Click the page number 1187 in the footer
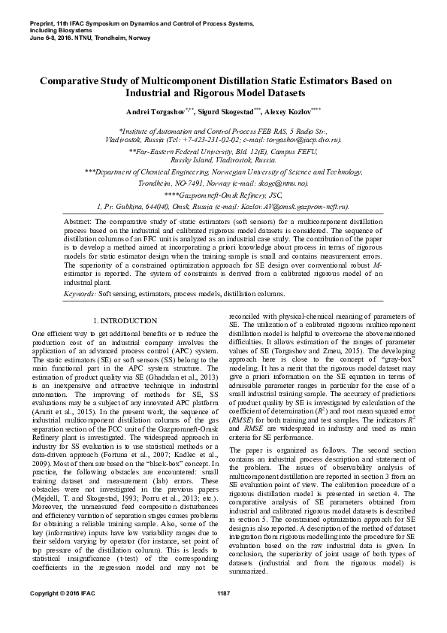point(223,616)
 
